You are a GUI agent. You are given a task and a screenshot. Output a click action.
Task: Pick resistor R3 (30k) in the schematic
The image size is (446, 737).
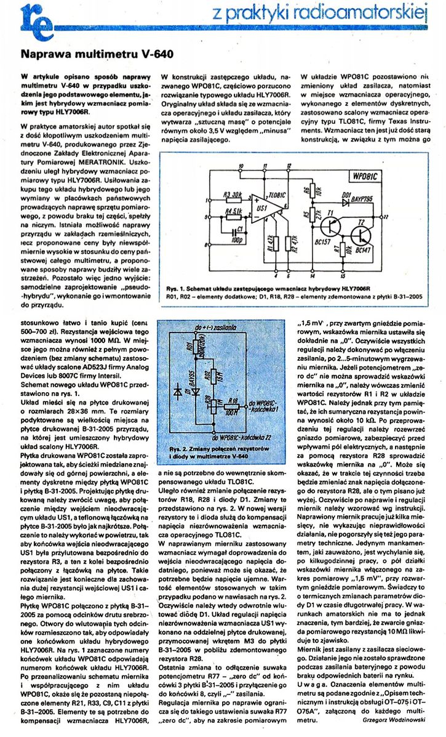click(x=231, y=196)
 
